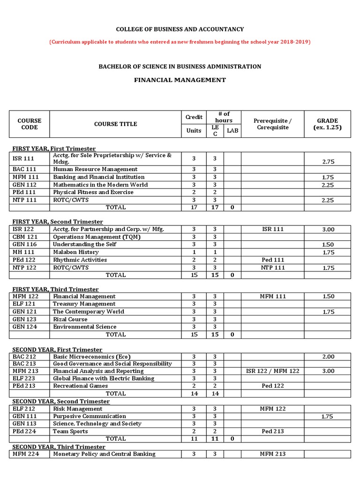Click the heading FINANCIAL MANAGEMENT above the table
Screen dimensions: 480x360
pos(180,80)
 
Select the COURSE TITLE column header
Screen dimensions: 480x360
pos(115,124)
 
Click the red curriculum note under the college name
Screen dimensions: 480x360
pos(180,42)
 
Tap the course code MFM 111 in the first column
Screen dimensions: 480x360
pos(26,177)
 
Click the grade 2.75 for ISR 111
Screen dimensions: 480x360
pos(328,161)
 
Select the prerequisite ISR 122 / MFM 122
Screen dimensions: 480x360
pos(272,371)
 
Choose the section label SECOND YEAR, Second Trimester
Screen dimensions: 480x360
pos(61,401)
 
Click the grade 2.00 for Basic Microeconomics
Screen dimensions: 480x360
pos(328,357)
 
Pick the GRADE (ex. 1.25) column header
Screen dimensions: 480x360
pos(327,124)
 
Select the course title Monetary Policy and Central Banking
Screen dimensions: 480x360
pos(104,454)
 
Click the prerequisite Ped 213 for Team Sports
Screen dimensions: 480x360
pos(272,431)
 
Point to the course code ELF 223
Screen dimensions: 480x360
pos(24,378)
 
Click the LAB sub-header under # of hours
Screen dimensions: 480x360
pos(232,131)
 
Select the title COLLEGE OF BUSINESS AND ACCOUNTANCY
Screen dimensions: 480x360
pos(180,29)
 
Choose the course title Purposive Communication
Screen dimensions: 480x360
pos(89,416)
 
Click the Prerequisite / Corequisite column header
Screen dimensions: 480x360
pos(272,124)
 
